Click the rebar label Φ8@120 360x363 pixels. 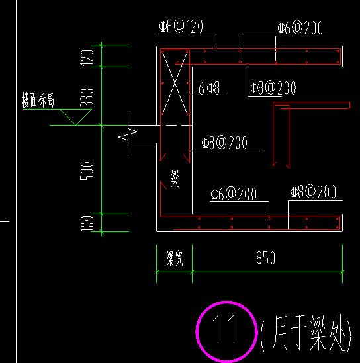pyautogui.click(x=181, y=26)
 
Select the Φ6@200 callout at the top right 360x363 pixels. pyautogui.click(x=300, y=28)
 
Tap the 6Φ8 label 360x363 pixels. pyautogui.click(x=209, y=88)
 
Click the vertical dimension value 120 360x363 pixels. pyautogui.click(x=87, y=58)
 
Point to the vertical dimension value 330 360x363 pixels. pyautogui.click(x=87, y=97)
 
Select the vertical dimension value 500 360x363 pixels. pyautogui.click(x=87, y=171)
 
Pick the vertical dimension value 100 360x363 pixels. pyautogui.click(x=87, y=223)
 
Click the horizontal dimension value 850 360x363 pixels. pyautogui.click(x=266, y=258)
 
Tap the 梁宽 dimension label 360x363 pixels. pyautogui.click(x=175, y=259)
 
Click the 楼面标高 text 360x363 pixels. pyautogui.click(x=38, y=100)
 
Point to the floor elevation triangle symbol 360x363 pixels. pyautogui.click(x=75, y=117)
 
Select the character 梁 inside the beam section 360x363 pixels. pyautogui.click(x=175, y=179)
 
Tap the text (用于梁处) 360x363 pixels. pyautogui.click(x=306, y=333)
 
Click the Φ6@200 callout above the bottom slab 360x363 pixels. pyautogui.click(x=234, y=194)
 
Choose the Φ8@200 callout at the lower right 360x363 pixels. pyautogui.click(x=313, y=192)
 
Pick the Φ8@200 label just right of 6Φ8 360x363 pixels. pyautogui.click(x=273, y=88)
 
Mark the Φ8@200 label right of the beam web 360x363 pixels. pyautogui.click(x=224, y=143)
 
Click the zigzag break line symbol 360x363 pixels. pyautogui.click(x=128, y=134)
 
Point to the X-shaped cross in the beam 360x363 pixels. pyautogui.click(x=175, y=83)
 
